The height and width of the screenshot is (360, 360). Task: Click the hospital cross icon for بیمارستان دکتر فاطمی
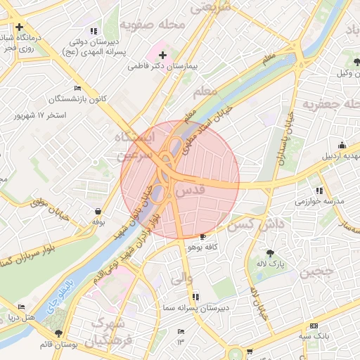162,54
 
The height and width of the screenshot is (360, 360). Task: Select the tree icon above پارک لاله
271,252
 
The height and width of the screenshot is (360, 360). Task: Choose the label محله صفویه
152,25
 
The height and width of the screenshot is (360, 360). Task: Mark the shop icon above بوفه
98,211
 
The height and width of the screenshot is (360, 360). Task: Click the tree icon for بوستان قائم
58,333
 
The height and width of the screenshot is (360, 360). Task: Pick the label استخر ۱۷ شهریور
60,115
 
